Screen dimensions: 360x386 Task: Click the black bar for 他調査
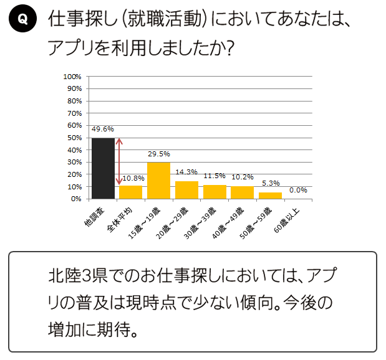[x=103, y=168]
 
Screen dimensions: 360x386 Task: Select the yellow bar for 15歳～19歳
[x=158, y=181]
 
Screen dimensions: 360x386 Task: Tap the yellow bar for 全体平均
[x=131, y=192]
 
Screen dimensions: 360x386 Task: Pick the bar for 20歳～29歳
[x=186, y=190]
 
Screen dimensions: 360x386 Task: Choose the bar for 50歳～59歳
[x=270, y=196]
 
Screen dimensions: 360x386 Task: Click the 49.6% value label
[x=102, y=130]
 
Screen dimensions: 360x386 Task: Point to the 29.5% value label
[x=158, y=154]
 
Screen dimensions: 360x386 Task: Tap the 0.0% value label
[x=298, y=190]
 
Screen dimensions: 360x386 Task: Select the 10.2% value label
[x=243, y=177]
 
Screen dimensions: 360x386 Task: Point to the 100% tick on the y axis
[x=73, y=77]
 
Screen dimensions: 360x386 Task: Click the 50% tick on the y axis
[x=75, y=138]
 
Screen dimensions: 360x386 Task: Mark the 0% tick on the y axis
[x=77, y=199]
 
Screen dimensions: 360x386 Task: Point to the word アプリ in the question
[x=69, y=48]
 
